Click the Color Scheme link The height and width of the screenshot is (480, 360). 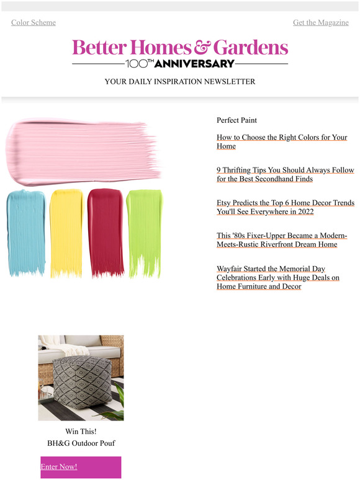click(x=34, y=22)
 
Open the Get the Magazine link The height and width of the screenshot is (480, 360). click(x=320, y=22)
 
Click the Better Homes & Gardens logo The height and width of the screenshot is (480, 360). click(x=180, y=47)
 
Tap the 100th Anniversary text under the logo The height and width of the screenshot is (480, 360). click(x=180, y=63)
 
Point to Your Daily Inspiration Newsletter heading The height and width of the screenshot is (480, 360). click(x=180, y=81)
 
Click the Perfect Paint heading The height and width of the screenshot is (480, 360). click(x=236, y=120)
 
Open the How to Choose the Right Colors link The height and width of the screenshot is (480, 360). click(x=281, y=141)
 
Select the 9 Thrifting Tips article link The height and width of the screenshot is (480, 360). click(x=285, y=174)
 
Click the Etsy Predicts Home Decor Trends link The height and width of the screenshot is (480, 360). click(x=285, y=207)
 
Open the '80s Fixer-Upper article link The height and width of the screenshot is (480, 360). click(x=281, y=240)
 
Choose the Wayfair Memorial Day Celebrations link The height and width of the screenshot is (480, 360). click(x=277, y=277)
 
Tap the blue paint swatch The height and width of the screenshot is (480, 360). click(x=26, y=231)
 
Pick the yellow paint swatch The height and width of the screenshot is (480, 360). click(x=66, y=231)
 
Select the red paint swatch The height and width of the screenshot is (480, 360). click(x=106, y=231)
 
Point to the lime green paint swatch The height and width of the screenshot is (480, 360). click(x=144, y=231)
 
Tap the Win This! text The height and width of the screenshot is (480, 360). click(x=81, y=431)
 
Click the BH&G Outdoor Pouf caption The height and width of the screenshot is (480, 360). click(x=81, y=443)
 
